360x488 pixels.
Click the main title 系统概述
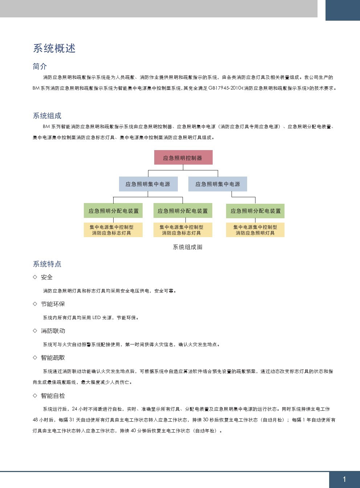54,48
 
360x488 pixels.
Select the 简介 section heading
40,66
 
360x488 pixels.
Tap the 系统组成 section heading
47,116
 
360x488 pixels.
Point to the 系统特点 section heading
47,264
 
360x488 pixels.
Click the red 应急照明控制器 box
183,157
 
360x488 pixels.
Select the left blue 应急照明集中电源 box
148,184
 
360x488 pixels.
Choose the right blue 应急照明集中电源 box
218,184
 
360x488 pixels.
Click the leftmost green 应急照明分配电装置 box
113,210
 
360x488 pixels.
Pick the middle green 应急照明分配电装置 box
183,210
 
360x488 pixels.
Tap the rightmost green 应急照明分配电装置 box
255,211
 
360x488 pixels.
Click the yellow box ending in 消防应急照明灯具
255,230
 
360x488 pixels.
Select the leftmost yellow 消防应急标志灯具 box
113,230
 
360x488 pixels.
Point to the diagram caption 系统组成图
188,247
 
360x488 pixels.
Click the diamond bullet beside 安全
35,277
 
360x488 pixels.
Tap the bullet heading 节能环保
53,304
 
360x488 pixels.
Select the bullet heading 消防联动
53,331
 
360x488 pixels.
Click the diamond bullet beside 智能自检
35,396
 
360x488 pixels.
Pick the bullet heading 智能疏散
53,357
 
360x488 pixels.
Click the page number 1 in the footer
344,479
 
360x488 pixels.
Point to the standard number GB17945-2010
225,88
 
